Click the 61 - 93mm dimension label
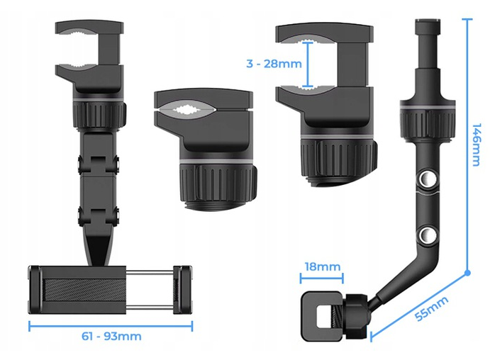[111, 337]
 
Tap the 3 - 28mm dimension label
[274, 64]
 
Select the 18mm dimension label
[323, 266]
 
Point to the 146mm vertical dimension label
[477, 145]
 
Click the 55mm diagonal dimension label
[432, 308]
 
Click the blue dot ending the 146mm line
[468, 273]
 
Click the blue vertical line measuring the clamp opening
[308, 64]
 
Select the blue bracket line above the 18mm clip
[322, 279]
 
